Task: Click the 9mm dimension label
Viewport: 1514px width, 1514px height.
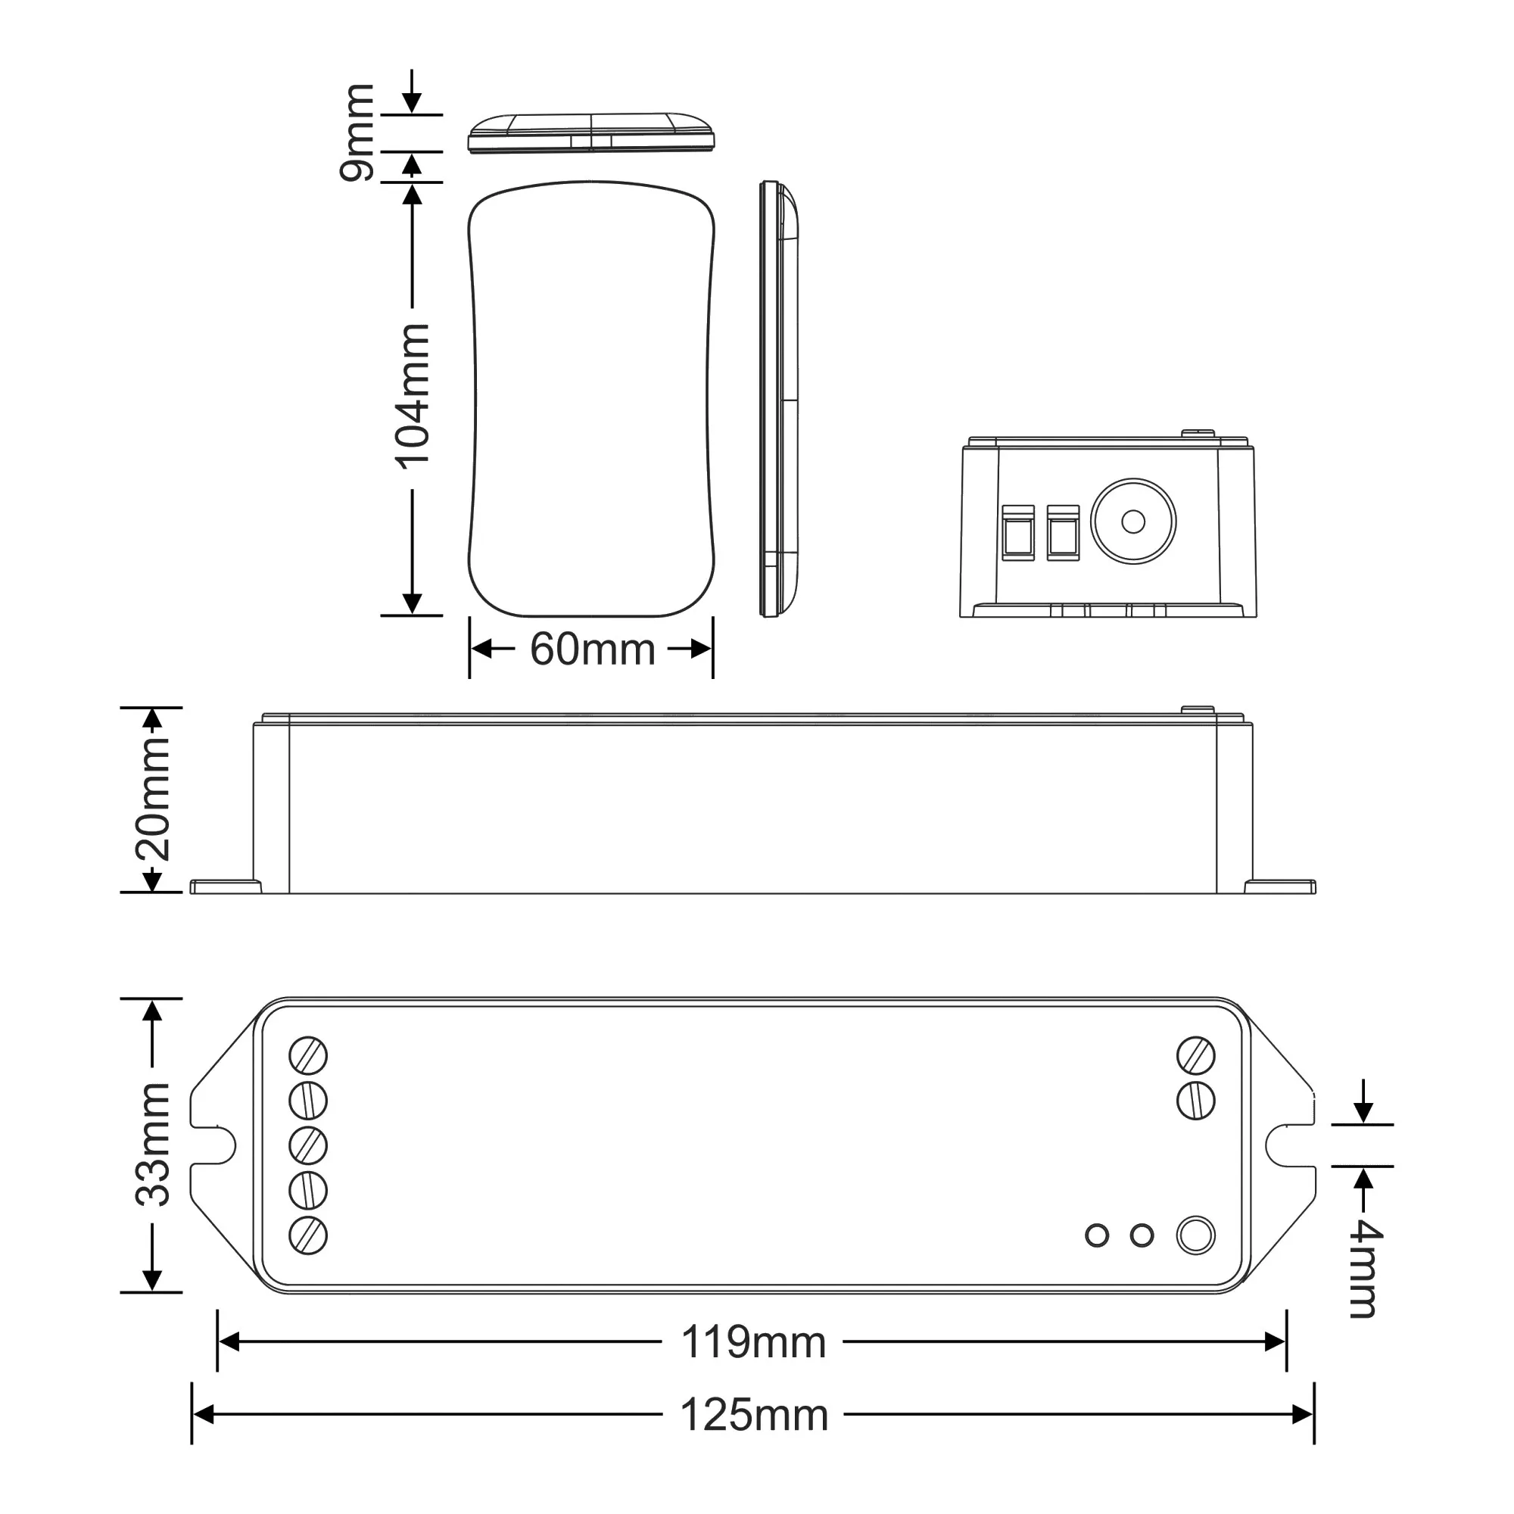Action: pyautogui.click(x=357, y=133)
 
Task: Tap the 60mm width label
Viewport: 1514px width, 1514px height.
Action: pyautogui.click(x=593, y=650)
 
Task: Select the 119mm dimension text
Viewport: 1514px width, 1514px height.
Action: pyautogui.click(x=753, y=1342)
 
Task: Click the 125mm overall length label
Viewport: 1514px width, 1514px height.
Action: pyautogui.click(x=753, y=1416)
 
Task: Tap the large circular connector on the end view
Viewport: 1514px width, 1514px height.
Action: pyautogui.click(x=1133, y=521)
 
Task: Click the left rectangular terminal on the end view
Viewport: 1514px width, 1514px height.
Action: pyautogui.click(x=1018, y=533)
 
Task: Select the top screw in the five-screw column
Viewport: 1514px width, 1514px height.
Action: pyautogui.click(x=308, y=1055)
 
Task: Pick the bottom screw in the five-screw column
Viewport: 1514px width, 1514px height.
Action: pyautogui.click(x=308, y=1236)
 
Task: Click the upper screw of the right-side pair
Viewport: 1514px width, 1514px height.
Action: pyautogui.click(x=1196, y=1055)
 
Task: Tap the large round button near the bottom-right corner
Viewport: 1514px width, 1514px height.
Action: pyautogui.click(x=1196, y=1236)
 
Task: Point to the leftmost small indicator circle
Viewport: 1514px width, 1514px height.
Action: pyautogui.click(x=1097, y=1236)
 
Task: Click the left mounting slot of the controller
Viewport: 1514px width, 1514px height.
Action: pyautogui.click(x=217, y=1145)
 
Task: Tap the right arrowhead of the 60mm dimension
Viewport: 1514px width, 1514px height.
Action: pyautogui.click(x=702, y=650)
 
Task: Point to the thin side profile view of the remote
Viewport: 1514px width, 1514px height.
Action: pyautogui.click(x=780, y=400)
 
